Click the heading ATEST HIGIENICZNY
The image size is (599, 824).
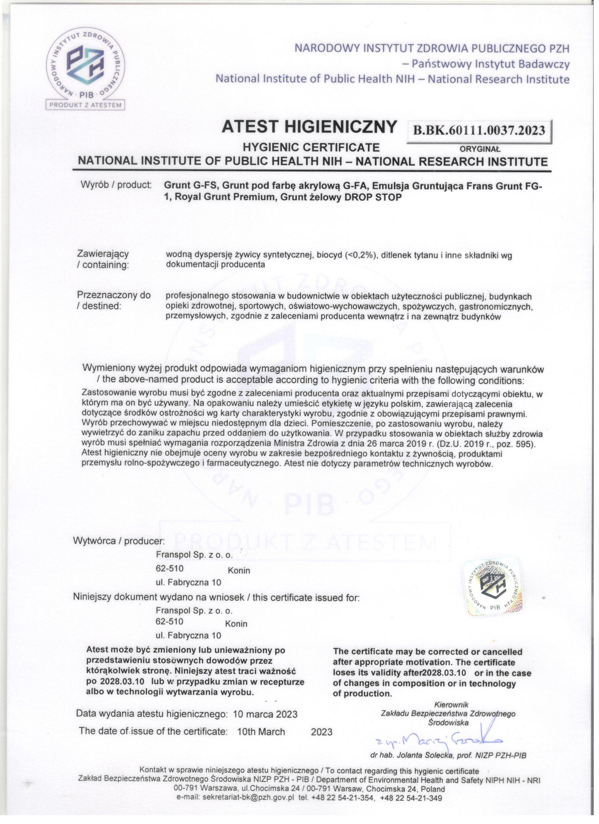pos(309,127)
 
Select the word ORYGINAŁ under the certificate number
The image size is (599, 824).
pos(480,149)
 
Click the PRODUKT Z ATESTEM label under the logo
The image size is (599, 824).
pos(86,105)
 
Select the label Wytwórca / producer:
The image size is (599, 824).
pos(119,541)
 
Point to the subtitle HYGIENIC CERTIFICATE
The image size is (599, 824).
pos(311,147)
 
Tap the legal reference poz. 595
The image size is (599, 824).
pos(516,444)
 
